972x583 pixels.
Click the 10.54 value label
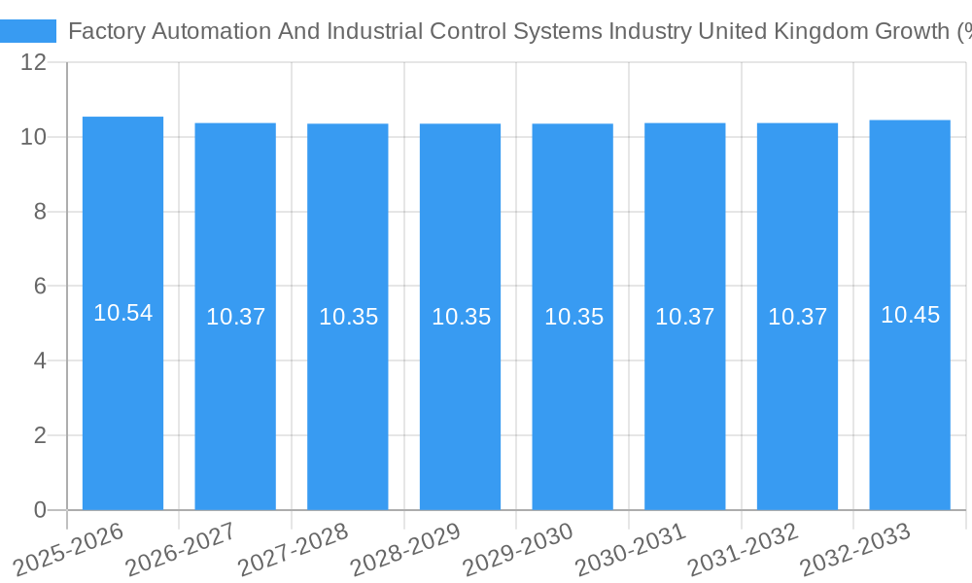coord(122,313)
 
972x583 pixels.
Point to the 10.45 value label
coord(910,315)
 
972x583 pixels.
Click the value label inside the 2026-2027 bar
coord(235,317)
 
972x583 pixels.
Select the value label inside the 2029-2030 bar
coord(573,317)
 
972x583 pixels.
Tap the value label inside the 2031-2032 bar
coord(797,317)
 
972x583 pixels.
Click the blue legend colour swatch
coord(28,31)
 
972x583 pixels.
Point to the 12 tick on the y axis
coord(34,63)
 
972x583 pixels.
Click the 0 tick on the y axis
coord(40,510)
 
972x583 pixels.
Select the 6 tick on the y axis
coord(40,287)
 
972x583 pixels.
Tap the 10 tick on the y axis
coord(34,137)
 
